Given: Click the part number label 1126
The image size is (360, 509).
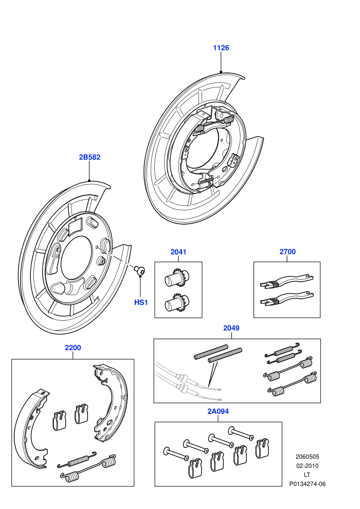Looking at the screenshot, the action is (x=221, y=48).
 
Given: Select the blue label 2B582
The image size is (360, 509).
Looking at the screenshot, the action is (x=89, y=157).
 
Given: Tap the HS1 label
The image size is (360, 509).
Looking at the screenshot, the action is (x=141, y=302).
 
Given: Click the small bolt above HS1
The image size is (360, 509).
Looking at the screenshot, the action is (x=140, y=270).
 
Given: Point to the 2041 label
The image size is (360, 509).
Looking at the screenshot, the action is (x=178, y=252).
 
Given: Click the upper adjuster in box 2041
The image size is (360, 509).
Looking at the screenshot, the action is (x=177, y=277).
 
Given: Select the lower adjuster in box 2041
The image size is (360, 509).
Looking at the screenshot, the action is (x=177, y=302).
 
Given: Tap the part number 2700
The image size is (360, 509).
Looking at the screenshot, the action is (x=287, y=251).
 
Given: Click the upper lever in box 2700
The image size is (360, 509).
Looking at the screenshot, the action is (x=287, y=281).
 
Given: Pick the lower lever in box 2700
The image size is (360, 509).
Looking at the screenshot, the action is (x=287, y=299).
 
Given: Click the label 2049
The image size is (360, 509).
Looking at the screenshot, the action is (x=231, y=328).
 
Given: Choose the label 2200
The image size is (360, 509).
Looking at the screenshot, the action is (x=73, y=348).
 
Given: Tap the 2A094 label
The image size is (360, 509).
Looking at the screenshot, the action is (x=218, y=411).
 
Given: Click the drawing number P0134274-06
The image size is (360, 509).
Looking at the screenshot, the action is (x=308, y=484).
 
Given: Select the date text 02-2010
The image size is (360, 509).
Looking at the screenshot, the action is (x=307, y=466).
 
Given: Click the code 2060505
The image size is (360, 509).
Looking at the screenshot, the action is (x=307, y=457).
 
